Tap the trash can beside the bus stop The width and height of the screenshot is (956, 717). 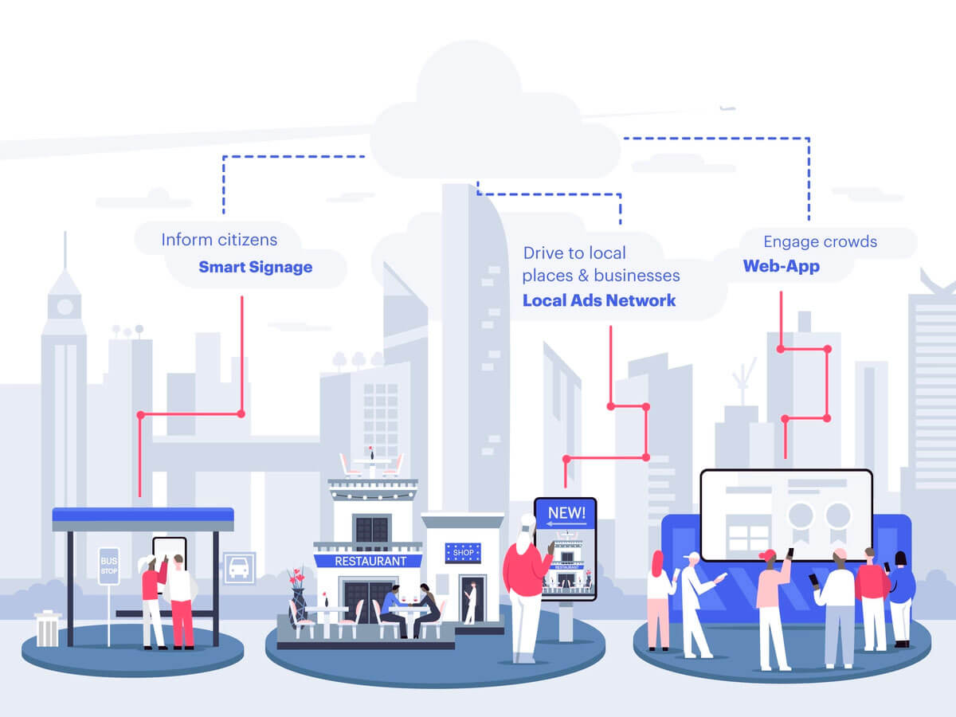pos(48,629)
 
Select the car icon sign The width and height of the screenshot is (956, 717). pos(239,567)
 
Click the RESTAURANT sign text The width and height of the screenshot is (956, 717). pos(370,561)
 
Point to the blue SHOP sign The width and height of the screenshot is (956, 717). pos(463,551)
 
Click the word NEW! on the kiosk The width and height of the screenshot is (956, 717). pos(566,513)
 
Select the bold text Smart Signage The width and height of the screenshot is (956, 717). pos(255,267)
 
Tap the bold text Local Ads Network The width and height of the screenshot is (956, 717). pos(599,300)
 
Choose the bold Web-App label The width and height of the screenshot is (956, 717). pos(781,266)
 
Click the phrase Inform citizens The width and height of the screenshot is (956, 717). pos(219,240)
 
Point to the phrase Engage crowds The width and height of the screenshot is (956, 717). pos(820,241)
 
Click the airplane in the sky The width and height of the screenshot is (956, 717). pos(726,108)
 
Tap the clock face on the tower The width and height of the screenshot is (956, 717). pos(65,306)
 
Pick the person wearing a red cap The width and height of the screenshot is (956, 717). pos(770,597)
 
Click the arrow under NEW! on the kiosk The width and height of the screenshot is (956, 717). pos(566,526)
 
